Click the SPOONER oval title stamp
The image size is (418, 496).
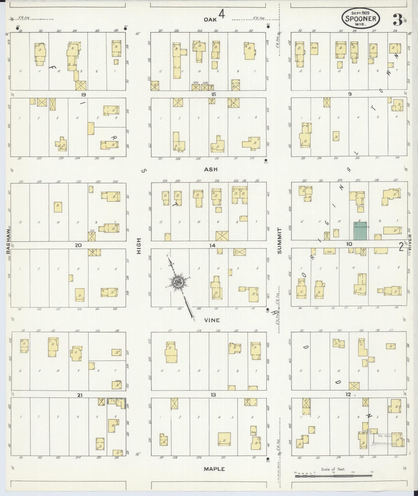[361, 18]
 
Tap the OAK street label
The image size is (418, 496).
[208, 19]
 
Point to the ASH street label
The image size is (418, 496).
[211, 169]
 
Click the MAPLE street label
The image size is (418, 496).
[214, 469]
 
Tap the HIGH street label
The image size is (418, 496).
[139, 246]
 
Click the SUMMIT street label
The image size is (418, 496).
[279, 241]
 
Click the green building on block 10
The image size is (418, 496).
[360, 231]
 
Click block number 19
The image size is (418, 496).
[84, 94]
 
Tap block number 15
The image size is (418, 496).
[214, 94]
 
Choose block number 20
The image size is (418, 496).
[78, 245]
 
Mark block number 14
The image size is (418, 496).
[213, 245]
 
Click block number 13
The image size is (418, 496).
[213, 395]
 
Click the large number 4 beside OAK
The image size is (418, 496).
[222, 14]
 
